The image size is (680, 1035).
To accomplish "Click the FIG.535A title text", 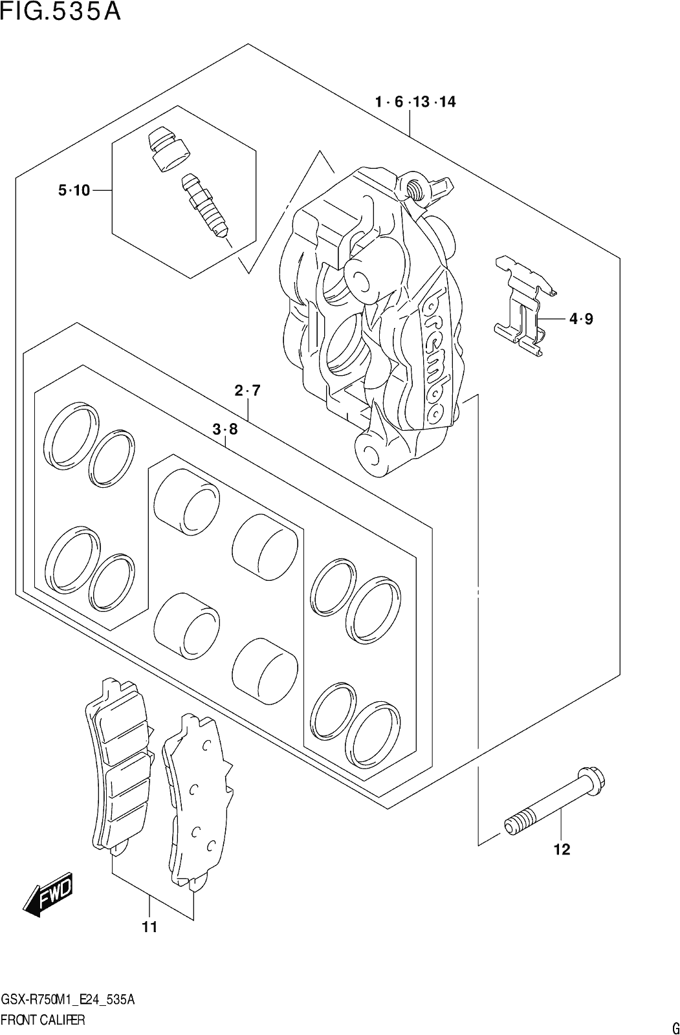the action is click(x=60, y=12).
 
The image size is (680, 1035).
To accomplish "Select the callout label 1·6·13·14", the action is click(x=415, y=102).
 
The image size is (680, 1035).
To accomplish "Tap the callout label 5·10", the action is click(x=74, y=190).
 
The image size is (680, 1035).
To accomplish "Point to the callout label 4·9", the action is click(x=581, y=319).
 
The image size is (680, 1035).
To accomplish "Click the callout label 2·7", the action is click(x=248, y=391).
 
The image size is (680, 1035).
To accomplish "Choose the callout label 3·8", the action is click(x=225, y=430).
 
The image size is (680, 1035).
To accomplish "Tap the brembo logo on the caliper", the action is click(x=436, y=355).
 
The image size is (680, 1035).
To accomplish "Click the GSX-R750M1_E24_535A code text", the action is click(x=68, y=997).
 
